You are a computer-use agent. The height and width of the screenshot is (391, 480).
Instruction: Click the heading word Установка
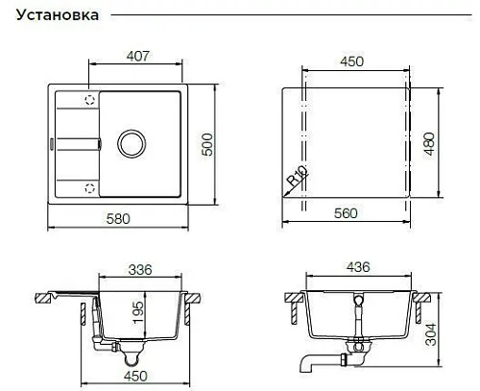pyautogui.click(x=58, y=15)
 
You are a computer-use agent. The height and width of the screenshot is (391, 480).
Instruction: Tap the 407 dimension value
pyautogui.click(x=138, y=56)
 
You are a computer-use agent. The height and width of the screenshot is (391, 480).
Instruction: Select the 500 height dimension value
pyautogui.click(x=207, y=144)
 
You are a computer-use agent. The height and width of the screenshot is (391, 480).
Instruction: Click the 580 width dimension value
pyautogui.click(x=118, y=219)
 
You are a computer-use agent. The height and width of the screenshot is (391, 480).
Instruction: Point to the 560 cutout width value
pyautogui.click(x=346, y=213)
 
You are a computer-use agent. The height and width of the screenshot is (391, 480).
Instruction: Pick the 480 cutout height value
pyautogui.click(x=430, y=144)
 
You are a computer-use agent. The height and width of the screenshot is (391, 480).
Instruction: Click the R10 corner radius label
pyautogui.click(x=298, y=175)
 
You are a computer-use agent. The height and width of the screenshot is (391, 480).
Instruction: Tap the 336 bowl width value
pyautogui.click(x=140, y=270)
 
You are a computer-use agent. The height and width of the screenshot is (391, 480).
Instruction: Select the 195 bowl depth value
pyautogui.click(x=138, y=312)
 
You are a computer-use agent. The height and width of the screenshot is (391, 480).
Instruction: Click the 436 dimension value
pyautogui.click(x=358, y=267)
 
